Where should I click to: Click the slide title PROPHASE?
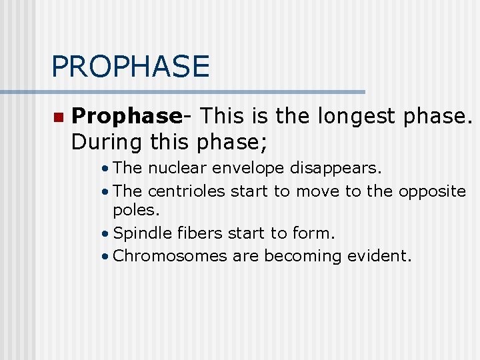click(x=130, y=67)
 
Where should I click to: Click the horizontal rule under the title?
click(x=183, y=92)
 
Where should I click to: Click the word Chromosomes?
click(x=171, y=256)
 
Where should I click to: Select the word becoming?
click(x=302, y=256)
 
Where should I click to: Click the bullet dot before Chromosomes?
click(x=106, y=257)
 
